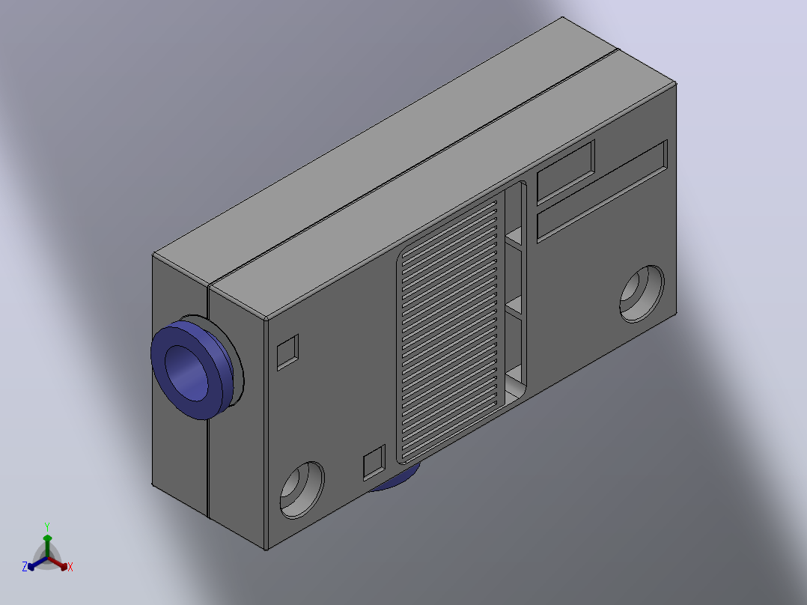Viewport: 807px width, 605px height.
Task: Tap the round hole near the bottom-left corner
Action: (302, 490)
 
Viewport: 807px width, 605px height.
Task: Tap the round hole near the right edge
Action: (642, 294)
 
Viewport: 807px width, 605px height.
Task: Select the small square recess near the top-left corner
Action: (287, 352)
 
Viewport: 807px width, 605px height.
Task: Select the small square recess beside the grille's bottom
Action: (374, 463)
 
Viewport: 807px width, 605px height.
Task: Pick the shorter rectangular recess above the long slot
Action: (566, 172)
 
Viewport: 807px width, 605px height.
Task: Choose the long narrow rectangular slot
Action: (602, 191)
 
